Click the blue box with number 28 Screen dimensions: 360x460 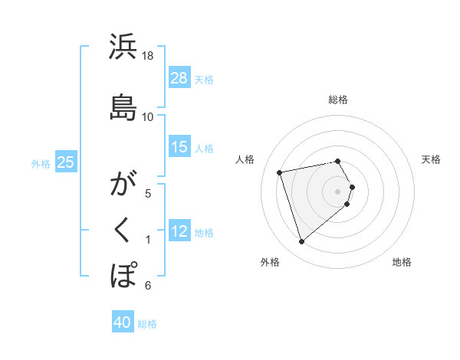179,77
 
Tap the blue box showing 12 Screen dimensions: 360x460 179,231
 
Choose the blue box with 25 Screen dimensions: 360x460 66,162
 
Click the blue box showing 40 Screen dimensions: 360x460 123,322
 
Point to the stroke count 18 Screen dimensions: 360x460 149,55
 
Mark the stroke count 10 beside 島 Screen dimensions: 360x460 148,116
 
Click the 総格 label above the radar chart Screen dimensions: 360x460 338,100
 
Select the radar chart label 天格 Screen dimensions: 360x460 432,159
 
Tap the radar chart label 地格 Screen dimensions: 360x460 402,262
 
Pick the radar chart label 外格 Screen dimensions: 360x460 270,262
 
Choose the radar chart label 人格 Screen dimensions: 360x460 245,159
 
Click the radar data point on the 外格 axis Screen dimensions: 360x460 301,242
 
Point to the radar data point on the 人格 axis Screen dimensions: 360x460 280,172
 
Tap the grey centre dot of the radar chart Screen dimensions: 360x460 338,191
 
